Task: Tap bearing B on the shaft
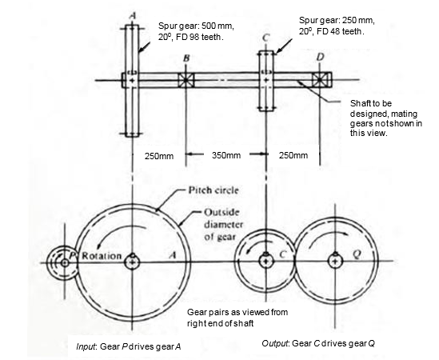point(187,81)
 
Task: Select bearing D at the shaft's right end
point(321,81)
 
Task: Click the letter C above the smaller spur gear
point(265,38)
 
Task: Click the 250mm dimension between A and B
point(159,155)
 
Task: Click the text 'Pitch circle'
point(210,190)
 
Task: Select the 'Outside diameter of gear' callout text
point(214,223)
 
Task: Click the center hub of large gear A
point(132,260)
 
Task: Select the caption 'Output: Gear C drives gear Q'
point(318,343)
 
